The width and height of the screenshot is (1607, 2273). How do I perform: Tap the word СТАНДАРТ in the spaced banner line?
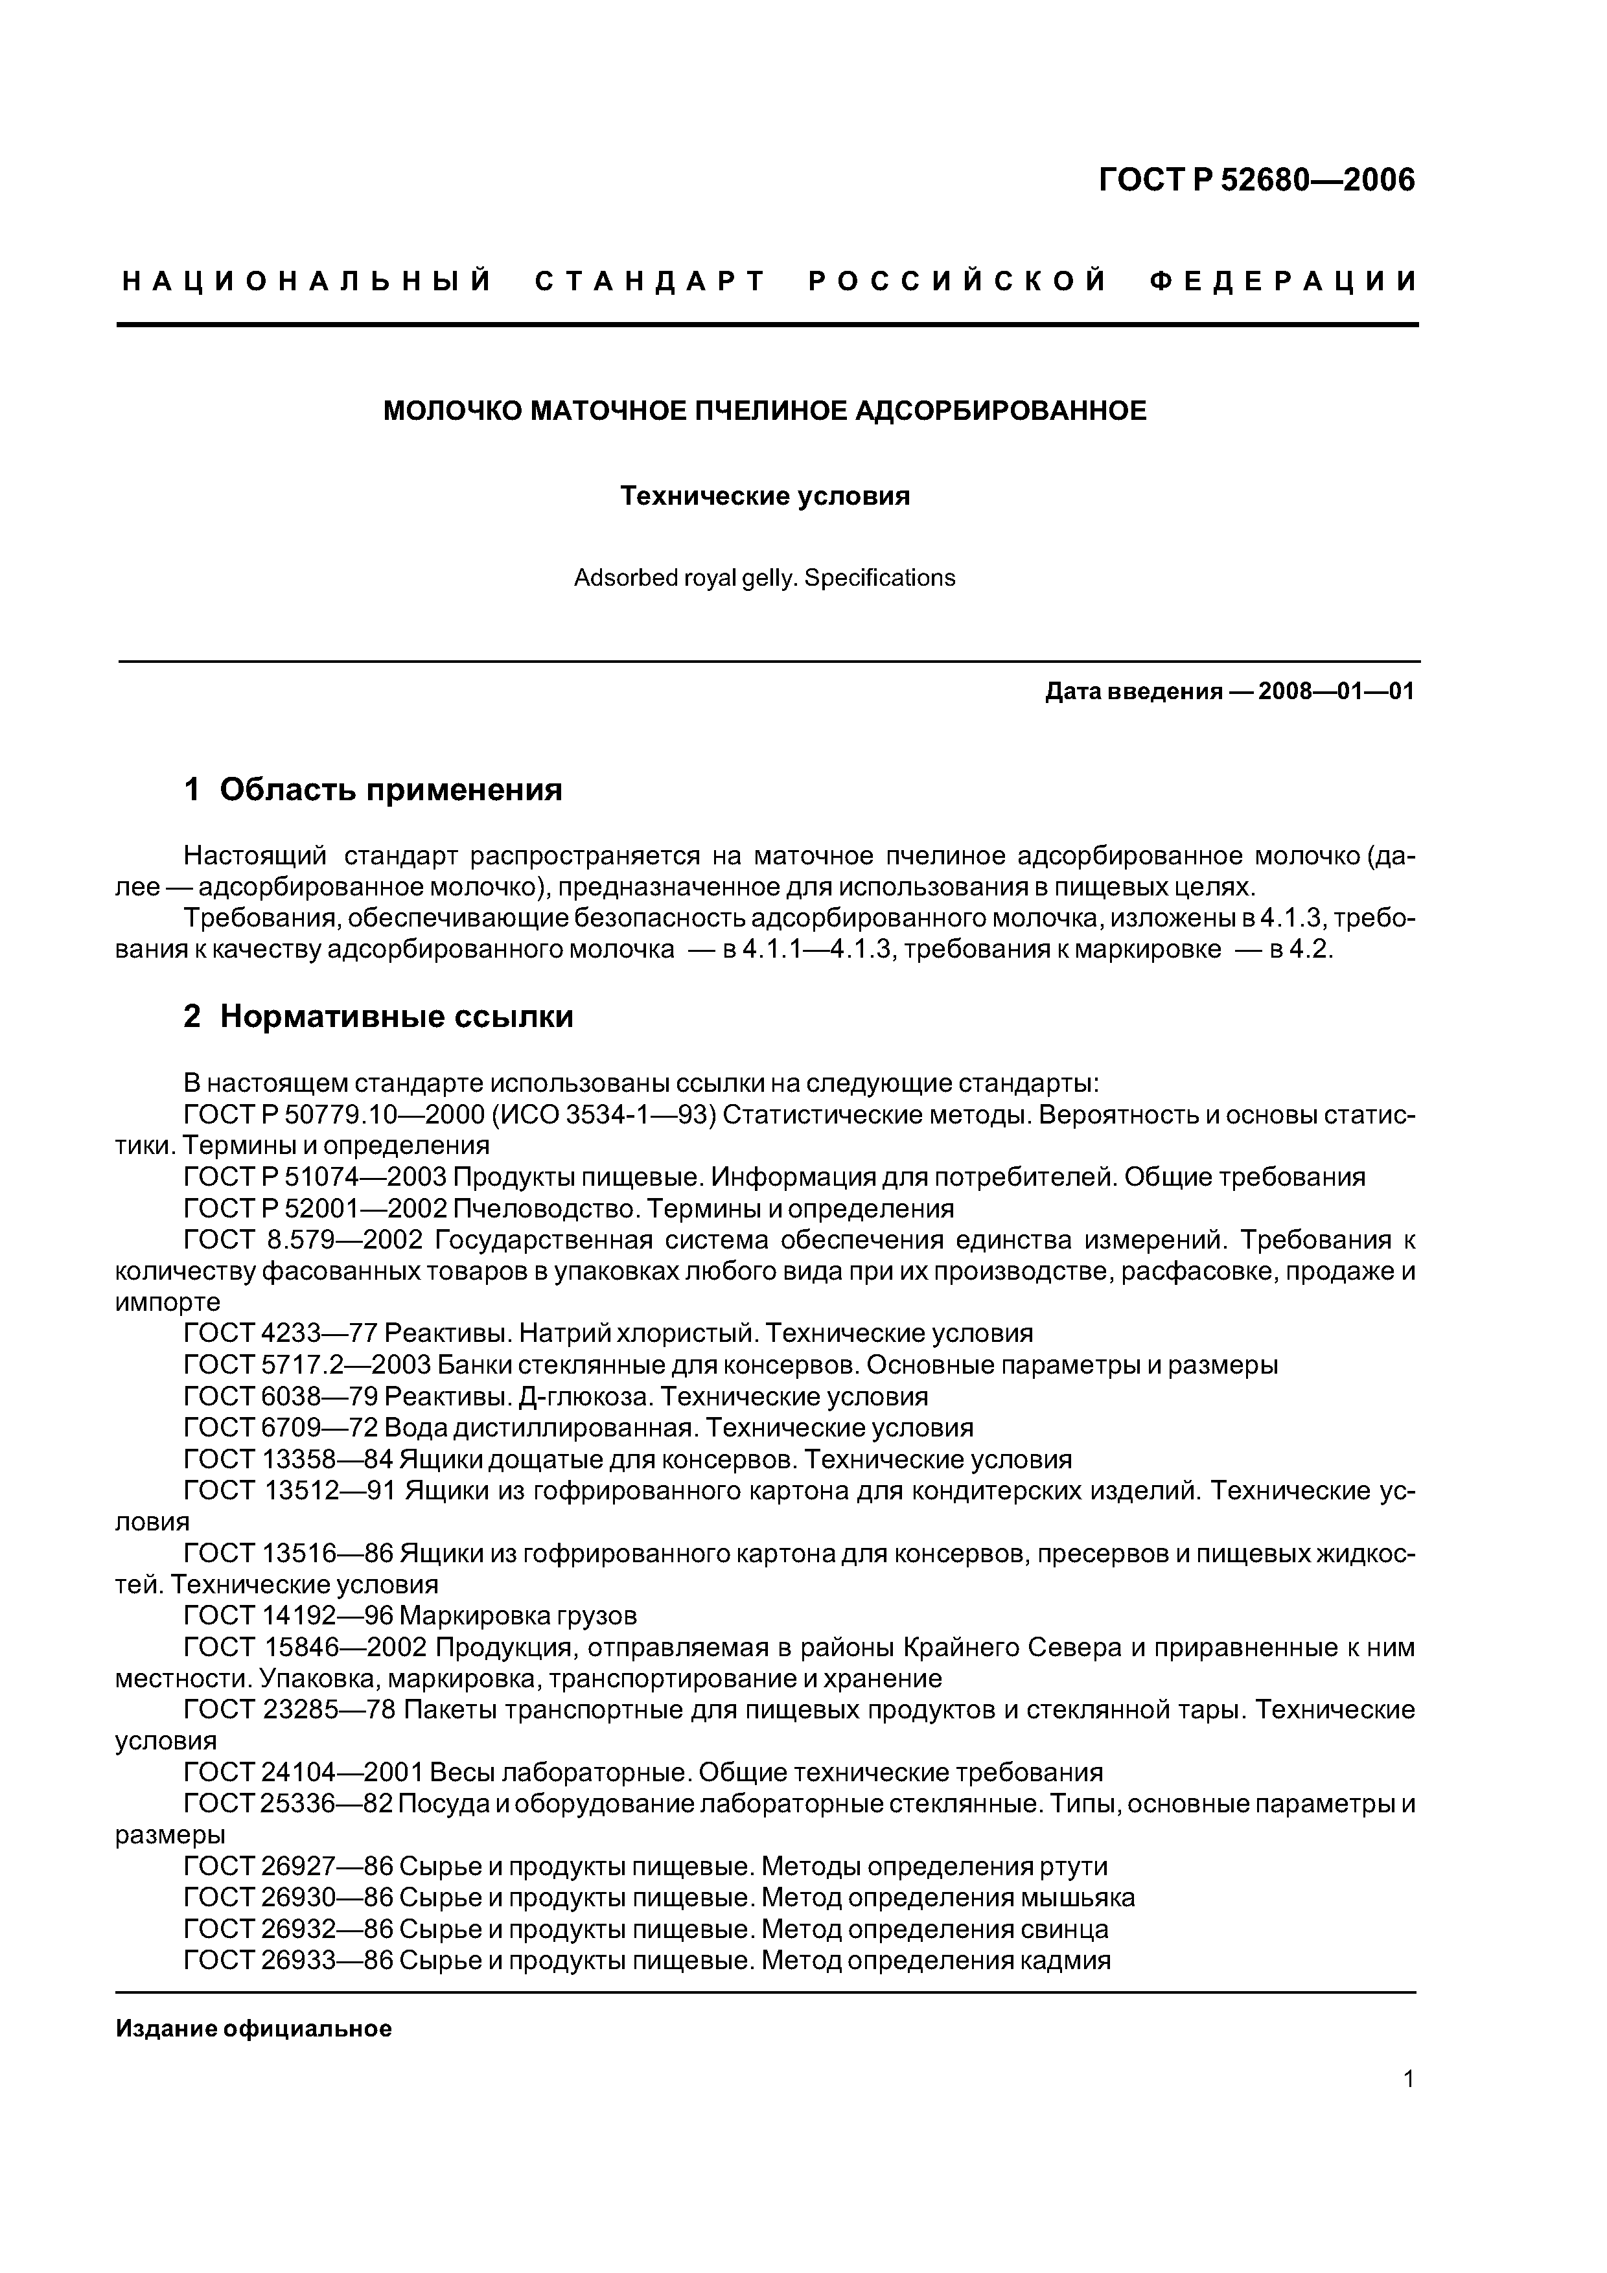point(651,282)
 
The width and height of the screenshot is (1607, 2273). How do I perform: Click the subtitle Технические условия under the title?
point(765,496)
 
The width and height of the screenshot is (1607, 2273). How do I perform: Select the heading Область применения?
point(390,790)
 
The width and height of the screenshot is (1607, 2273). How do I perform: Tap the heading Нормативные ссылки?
point(396,1017)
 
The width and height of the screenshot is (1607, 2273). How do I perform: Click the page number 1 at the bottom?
point(1408,2106)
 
